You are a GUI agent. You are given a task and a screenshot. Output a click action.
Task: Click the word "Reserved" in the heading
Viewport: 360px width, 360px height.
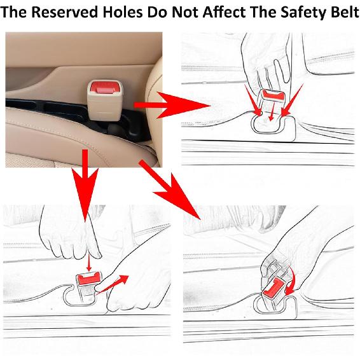64,12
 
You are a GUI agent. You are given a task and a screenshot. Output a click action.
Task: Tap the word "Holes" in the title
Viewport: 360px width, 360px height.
122,12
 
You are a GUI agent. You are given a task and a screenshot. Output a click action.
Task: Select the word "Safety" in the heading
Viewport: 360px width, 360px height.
303,13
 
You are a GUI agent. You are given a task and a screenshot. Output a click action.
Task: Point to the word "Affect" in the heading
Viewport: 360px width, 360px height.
225,12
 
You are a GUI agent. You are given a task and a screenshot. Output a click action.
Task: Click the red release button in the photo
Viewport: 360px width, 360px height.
104,87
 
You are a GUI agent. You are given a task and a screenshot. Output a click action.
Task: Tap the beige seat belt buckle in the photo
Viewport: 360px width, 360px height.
105,100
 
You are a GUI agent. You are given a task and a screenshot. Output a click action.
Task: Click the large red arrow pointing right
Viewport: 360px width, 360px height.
172,105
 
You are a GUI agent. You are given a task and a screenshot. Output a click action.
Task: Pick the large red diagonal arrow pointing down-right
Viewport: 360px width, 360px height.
170,190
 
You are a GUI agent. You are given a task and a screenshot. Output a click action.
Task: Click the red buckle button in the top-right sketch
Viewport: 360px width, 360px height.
273,96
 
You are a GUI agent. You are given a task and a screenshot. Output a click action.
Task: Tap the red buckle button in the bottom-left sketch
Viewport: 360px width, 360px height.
88,279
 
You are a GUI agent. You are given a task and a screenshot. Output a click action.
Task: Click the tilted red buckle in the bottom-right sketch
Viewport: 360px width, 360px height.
273,287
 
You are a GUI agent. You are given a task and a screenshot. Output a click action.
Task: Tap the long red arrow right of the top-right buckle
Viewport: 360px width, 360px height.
292,100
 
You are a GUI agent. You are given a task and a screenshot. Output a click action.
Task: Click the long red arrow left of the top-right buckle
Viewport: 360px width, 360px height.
253,100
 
